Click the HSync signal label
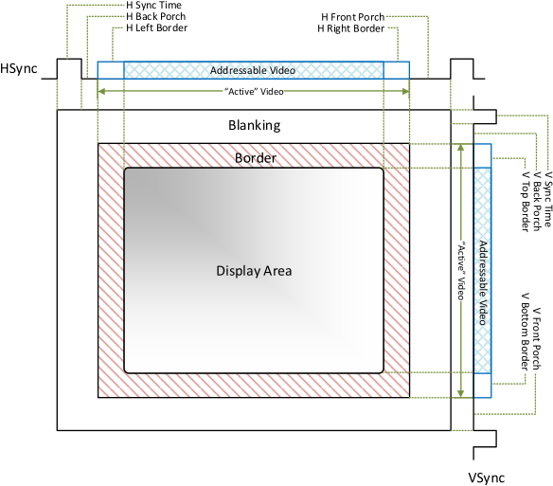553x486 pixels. click(18, 68)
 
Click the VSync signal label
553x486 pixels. click(486, 477)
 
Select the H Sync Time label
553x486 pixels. click(153, 6)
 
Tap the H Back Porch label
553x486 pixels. click(156, 17)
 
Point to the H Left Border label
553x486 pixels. click(156, 27)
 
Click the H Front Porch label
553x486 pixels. click(352, 17)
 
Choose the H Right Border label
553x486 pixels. click(351, 28)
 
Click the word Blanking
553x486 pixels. click(255, 125)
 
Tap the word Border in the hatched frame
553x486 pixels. click(256, 158)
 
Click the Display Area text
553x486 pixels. click(254, 271)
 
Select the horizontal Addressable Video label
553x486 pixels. click(253, 70)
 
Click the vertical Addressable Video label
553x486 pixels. click(483, 282)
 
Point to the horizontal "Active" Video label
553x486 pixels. click(254, 91)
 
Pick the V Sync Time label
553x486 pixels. click(547, 199)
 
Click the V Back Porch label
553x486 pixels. click(537, 202)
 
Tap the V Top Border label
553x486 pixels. click(526, 202)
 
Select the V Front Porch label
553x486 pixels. click(536, 339)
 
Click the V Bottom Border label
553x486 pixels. click(526, 332)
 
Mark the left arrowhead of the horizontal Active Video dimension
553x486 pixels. click(101, 91)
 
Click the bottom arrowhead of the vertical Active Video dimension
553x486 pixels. click(460, 393)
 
